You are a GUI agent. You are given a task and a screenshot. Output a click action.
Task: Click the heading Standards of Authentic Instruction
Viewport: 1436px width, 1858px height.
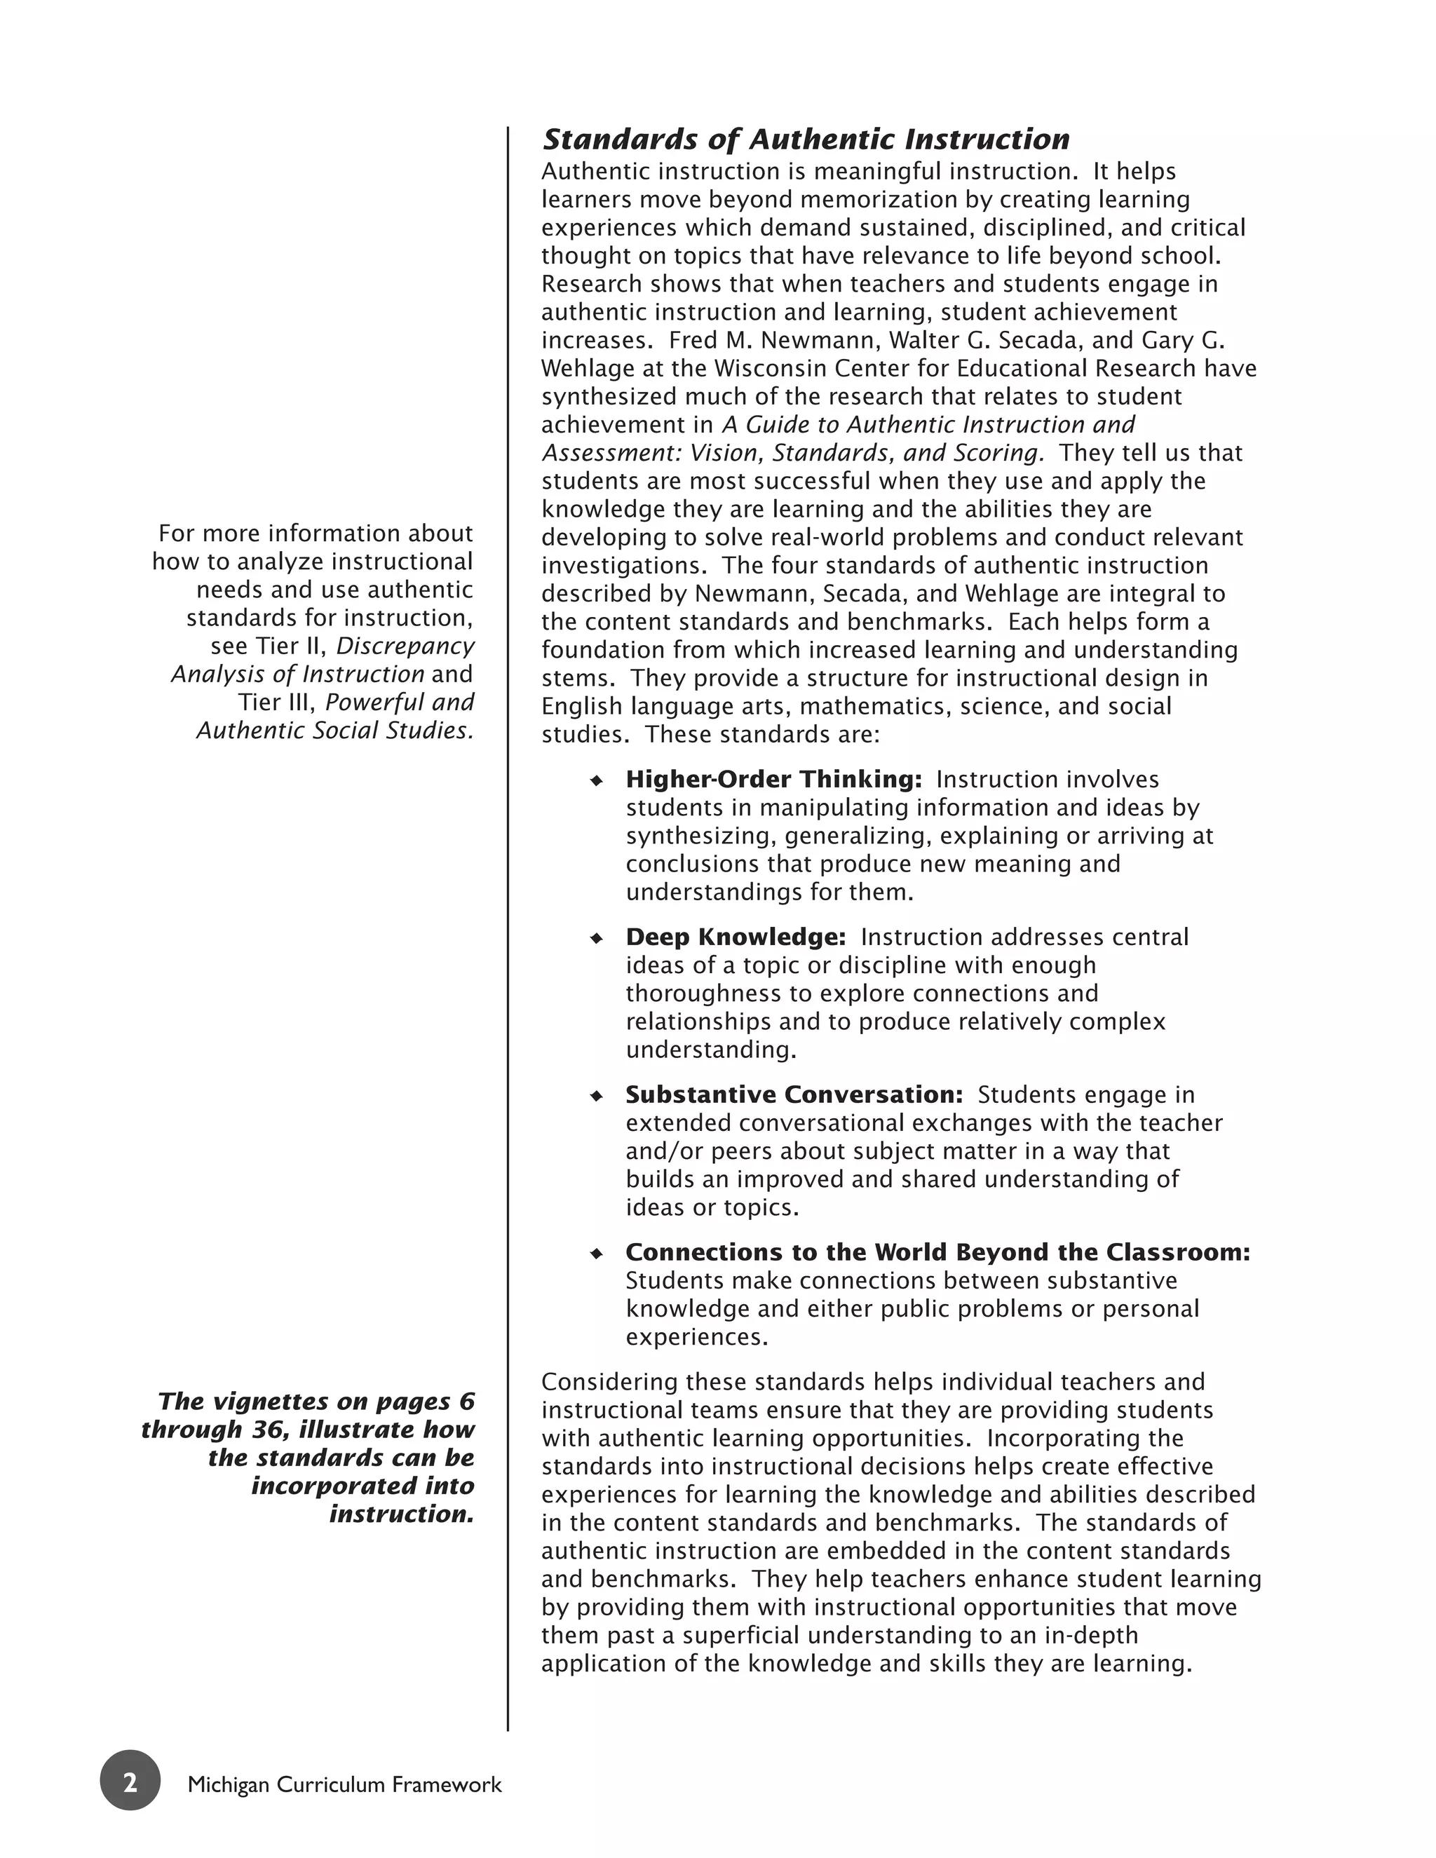[x=806, y=140]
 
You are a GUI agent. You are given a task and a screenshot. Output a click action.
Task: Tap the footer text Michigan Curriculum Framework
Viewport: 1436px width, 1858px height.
[x=344, y=1784]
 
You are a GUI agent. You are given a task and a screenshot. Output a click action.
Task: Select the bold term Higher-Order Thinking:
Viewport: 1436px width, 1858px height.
[x=773, y=779]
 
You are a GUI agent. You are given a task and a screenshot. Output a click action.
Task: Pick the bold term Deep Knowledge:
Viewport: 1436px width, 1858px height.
[x=735, y=937]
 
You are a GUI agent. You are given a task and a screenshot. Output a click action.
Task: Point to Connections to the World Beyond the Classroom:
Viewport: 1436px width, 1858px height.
[x=937, y=1252]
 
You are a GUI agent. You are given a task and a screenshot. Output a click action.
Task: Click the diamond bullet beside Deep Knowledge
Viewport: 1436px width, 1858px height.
[x=597, y=938]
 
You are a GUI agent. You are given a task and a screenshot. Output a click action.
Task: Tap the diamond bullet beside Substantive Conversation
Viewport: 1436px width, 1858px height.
[x=597, y=1096]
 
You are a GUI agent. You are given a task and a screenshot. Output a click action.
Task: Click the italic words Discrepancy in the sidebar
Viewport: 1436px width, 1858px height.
[x=405, y=646]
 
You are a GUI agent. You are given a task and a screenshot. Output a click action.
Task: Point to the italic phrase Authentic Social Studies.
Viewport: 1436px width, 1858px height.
[x=334, y=730]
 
